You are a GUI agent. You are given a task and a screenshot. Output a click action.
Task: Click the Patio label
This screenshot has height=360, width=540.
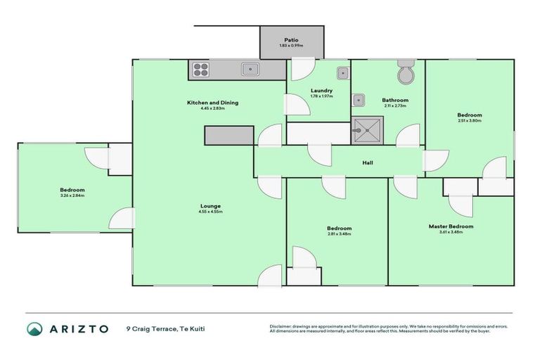point(292,40)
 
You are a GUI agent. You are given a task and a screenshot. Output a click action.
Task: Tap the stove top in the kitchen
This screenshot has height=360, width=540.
point(200,69)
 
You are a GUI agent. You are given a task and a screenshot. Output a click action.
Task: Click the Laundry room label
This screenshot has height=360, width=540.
point(321,91)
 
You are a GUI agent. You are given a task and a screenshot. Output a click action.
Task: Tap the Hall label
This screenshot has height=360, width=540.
point(368,163)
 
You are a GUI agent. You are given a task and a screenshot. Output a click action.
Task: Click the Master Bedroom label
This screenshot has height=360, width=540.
point(451,226)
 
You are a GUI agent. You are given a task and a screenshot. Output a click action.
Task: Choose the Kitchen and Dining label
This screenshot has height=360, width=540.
point(212,103)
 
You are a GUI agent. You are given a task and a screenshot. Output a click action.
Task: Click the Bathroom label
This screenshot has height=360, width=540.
point(395,101)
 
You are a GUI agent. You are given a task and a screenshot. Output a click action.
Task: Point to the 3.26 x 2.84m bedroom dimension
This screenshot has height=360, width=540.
point(72,195)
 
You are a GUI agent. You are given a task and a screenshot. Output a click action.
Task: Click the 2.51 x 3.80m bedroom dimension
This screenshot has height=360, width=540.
point(469,121)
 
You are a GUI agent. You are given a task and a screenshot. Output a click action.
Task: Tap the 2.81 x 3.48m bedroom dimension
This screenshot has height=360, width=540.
point(339,234)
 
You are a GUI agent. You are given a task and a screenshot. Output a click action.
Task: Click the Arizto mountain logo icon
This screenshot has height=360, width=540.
point(34,328)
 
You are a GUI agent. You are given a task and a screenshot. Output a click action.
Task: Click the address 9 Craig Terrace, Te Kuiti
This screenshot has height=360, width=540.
point(165,328)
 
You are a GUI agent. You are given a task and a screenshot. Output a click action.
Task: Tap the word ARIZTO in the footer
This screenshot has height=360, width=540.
point(78,328)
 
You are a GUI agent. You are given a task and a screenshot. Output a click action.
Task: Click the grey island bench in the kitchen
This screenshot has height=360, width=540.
point(229,135)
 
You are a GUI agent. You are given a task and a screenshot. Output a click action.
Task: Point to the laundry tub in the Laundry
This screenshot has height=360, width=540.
point(342,72)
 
